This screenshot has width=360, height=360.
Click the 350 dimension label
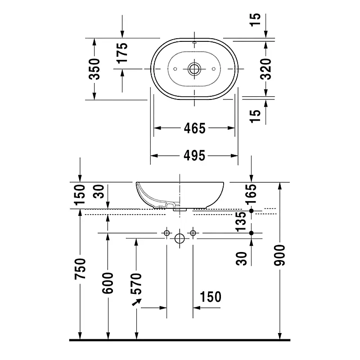94,69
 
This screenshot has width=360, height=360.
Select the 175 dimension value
122,53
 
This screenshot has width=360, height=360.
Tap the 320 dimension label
266,69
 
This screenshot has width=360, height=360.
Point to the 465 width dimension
195,128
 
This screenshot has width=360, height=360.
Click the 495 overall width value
194,156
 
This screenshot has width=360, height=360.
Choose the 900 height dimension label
279,255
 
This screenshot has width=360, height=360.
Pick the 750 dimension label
80,269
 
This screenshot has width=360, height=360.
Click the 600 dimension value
108,283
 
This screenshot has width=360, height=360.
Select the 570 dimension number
136,283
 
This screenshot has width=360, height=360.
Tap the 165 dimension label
251,194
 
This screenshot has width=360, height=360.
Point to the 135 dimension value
241,221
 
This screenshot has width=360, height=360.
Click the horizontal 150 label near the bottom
211,297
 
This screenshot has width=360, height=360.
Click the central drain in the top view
194,69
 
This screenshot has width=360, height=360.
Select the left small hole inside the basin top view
175,69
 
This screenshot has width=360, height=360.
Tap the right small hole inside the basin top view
213,69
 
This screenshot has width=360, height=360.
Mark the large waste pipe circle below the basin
180,238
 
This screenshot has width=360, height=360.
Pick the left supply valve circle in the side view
166,233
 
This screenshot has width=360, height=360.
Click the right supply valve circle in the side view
193,233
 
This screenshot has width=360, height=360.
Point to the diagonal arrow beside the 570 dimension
137,302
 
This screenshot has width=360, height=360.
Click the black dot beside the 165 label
251,211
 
